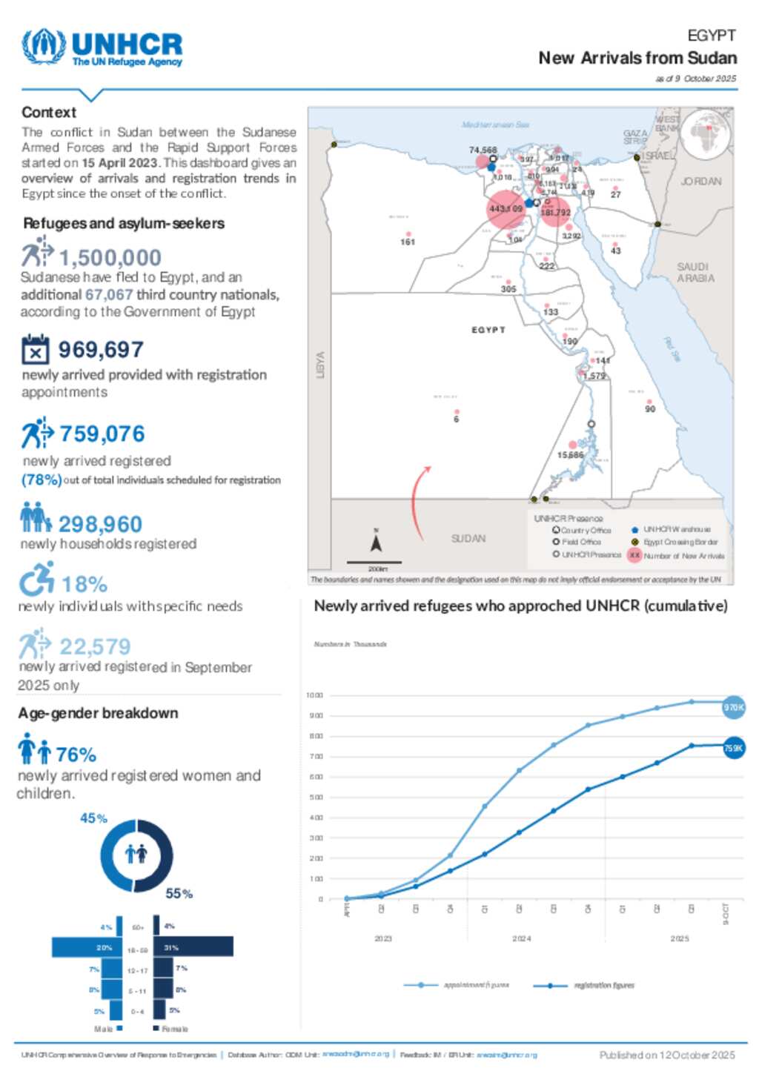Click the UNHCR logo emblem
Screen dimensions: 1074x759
pyautogui.click(x=44, y=47)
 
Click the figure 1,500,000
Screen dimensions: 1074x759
pyautogui.click(x=110, y=258)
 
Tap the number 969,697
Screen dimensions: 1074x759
pyautogui.click(x=101, y=349)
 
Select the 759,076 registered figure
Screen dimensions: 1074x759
pyautogui.click(x=102, y=434)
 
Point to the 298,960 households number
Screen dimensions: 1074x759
pyautogui.click(x=100, y=524)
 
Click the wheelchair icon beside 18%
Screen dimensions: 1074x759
pyautogui.click(x=36, y=579)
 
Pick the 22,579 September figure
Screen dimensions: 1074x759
pyautogui.click(x=95, y=646)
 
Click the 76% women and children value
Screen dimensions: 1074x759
pyautogui.click(x=76, y=755)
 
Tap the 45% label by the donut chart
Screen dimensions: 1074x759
pyautogui.click(x=93, y=818)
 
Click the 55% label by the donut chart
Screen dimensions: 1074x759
pyautogui.click(x=179, y=894)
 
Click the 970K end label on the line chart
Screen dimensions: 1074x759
pyautogui.click(x=733, y=707)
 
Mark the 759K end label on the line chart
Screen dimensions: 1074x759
pyautogui.click(x=733, y=748)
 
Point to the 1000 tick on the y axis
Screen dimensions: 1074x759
pyautogui.click(x=314, y=695)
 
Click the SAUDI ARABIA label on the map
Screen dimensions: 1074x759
pyautogui.click(x=695, y=272)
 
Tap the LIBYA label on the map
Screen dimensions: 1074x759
pyautogui.click(x=321, y=365)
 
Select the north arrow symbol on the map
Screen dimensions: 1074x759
pyautogui.click(x=376, y=543)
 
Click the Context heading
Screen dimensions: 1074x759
pyautogui.click(x=49, y=113)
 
